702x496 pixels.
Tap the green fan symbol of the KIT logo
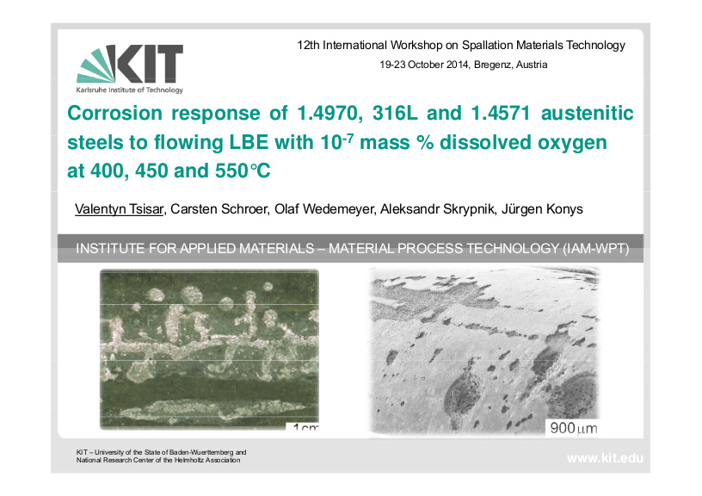coord(95,66)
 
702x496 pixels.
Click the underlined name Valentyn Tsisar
coord(119,209)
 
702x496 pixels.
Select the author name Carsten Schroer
coord(219,209)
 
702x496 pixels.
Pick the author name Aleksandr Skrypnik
coord(437,209)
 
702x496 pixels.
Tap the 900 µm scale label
coord(574,428)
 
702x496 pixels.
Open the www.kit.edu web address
coord(605,458)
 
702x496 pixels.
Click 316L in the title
coord(395,113)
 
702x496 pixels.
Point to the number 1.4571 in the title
coord(501,113)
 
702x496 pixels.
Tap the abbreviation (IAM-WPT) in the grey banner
coord(596,248)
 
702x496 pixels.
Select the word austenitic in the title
coord(588,113)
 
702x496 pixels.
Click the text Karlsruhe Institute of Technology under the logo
coord(129,90)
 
